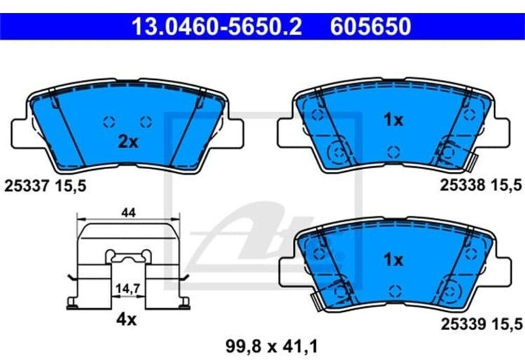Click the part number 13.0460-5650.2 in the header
(x=217, y=27)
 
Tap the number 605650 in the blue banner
(x=370, y=27)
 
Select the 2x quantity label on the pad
(x=128, y=143)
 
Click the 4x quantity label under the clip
(x=126, y=320)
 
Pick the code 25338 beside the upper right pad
(x=462, y=185)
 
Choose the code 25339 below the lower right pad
(x=463, y=324)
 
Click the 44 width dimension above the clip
(x=129, y=213)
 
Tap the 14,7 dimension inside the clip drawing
(x=128, y=288)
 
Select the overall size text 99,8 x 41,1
(x=272, y=346)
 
